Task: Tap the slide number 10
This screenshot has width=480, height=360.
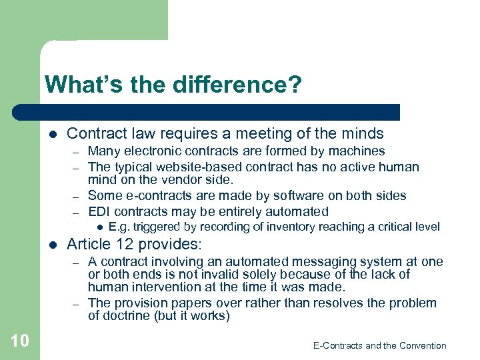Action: coord(20,341)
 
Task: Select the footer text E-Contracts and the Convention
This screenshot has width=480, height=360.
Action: coord(379,345)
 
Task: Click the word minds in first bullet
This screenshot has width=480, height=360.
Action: coord(363,133)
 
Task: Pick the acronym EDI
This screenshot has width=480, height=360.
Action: coord(100,212)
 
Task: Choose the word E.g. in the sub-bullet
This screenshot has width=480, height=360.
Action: coord(119,227)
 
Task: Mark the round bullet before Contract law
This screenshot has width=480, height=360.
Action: coord(53,134)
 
